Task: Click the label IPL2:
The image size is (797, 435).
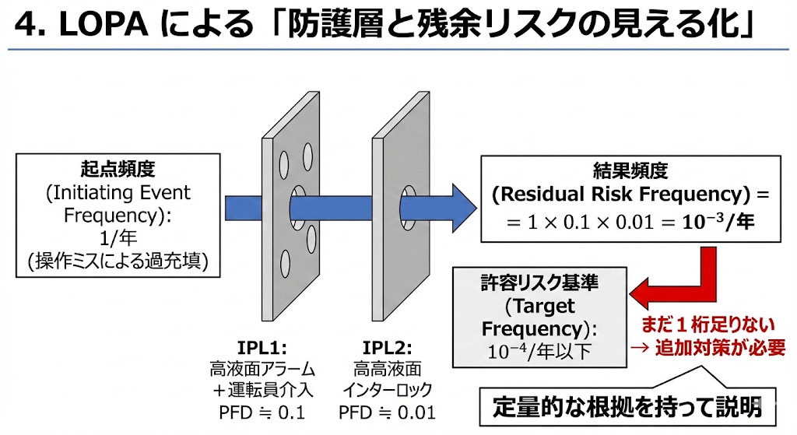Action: pyautogui.click(x=388, y=347)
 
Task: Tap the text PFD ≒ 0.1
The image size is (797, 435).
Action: pyautogui.click(x=262, y=411)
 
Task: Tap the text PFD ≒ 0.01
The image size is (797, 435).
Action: pyautogui.click(x=388, y=411)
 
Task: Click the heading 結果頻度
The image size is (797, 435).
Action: pyautogui.click(x=630, y=171)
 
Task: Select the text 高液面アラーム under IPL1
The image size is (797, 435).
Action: pyautogui.click(x=262, y=368)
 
